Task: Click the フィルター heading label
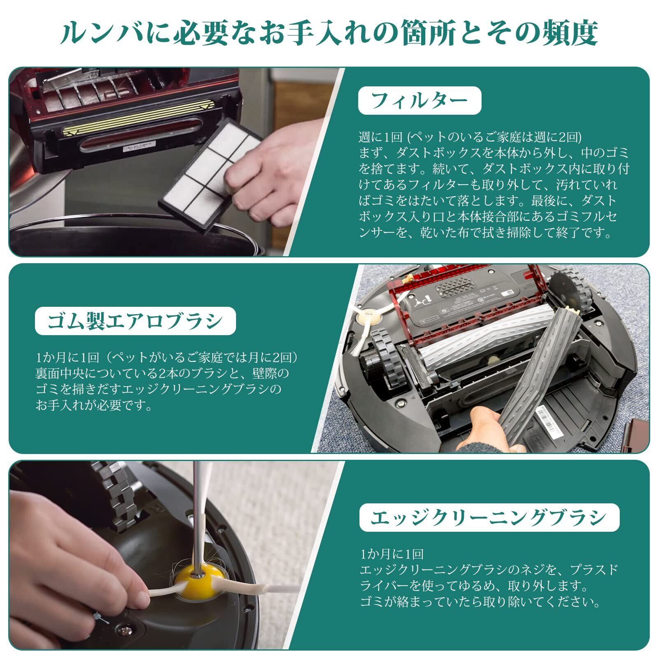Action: point(419,101)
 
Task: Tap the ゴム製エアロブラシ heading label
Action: point(135,321)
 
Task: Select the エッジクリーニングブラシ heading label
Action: point(489,517)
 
